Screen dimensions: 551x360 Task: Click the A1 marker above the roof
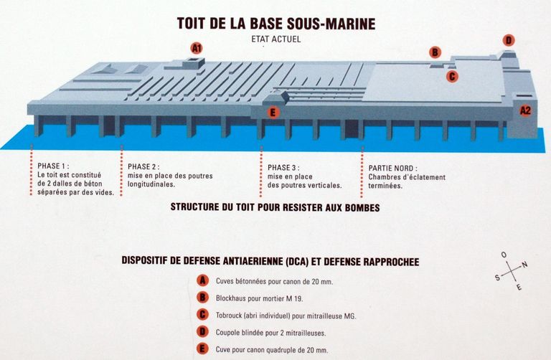click(197, 48)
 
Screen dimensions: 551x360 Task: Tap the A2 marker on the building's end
click(525, 110)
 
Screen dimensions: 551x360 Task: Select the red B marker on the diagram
click(435, 52)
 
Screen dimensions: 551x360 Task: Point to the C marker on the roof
click(452, 76)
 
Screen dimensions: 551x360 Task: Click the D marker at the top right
click(509, 40)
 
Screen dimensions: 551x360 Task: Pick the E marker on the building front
click(273, 113)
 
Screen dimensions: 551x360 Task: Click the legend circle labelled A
click(202, 280)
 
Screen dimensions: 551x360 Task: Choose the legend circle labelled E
click(202, 349)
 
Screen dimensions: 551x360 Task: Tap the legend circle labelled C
click(202, 315)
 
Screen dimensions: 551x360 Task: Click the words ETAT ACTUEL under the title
click(275, 39)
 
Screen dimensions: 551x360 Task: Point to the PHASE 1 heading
click(53, 166)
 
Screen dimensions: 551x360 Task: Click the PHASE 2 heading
click(143, 166)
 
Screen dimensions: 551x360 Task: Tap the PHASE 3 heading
click(283, 168)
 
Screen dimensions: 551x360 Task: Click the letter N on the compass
click(524, 265)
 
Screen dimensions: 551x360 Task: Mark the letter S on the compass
click(498, 278)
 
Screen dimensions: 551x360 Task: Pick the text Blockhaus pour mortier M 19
click(259, 298)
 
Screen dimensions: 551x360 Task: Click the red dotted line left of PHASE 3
click(261, 171)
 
